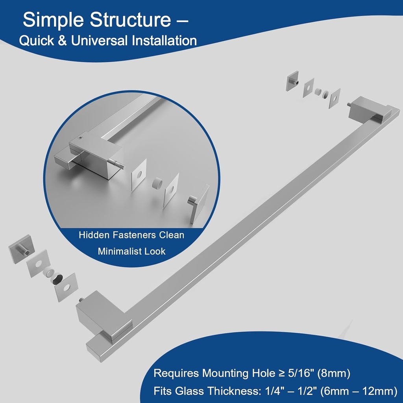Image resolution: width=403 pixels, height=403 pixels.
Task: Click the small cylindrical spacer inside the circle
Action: pos(157,183)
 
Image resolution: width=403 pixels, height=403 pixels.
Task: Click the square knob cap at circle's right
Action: pos(200,203)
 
